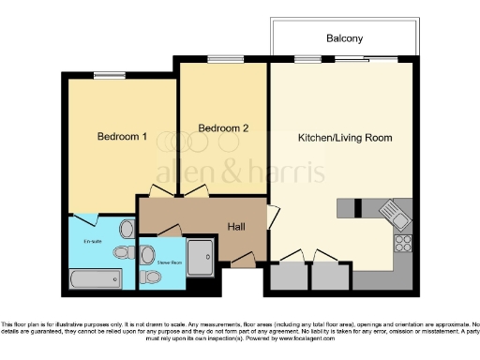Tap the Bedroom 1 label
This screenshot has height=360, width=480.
click(x=122, y=136)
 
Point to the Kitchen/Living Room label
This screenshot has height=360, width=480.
click(x=344, y=138)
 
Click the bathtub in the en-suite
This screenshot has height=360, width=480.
click(x=96, y=277)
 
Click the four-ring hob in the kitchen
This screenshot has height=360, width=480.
click(x=404, y=243)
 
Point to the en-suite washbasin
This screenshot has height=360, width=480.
click(x=127, y=230)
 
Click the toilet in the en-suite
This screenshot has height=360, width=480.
click(x=120, y=252)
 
